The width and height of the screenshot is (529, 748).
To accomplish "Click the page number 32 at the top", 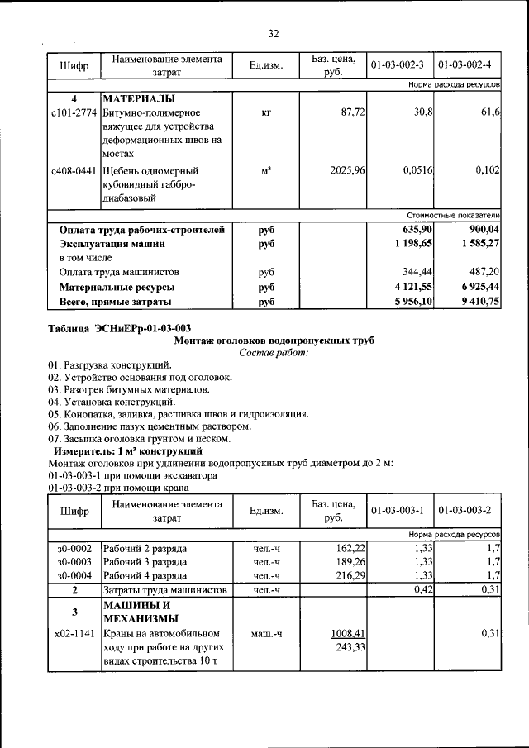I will [x=274, y=34].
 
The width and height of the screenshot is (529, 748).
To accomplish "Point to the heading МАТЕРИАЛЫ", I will [x=136, y=98].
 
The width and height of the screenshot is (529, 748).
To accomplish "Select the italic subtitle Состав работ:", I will [x=274, y=353].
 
